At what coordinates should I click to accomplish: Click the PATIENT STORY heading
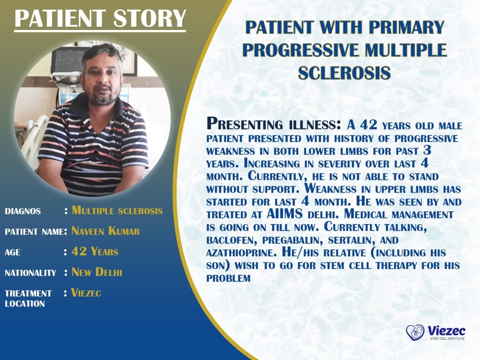[x=100, y=19]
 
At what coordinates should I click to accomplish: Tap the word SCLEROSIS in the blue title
[x=345, y=73]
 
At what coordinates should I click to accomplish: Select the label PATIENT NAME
[x=34, y=232]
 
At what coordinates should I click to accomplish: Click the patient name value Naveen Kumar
[x=105, y=231]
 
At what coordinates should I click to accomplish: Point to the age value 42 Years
[x=95, y=252]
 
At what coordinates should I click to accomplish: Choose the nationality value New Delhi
[x=97, y=272]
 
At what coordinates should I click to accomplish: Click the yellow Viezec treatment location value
[x=86, y=292]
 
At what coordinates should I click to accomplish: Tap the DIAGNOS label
[x=22, y=211]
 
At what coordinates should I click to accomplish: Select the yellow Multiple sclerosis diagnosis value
[x=117, y=210]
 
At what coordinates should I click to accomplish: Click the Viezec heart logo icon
[x=415, y=333]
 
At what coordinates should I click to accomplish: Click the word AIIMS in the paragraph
[x=285, y=214]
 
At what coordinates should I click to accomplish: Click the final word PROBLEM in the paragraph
[x=228, y=278]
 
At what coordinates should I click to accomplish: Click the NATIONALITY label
[x=30, y=273]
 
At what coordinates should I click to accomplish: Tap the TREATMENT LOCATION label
[x=28, y=299]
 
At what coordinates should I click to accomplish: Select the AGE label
[x=13, y=253]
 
